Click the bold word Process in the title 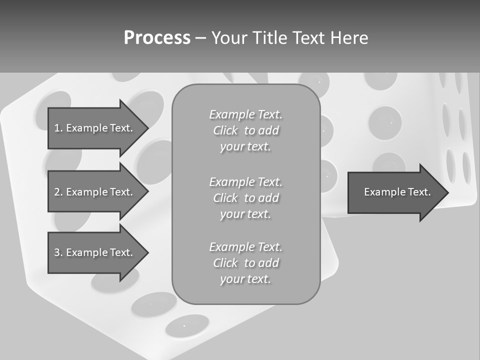[157, 38]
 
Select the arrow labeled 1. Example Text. [95, 128]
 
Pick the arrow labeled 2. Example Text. [95, 192]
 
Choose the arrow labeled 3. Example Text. [95, 252]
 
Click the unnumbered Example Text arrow [395, 192]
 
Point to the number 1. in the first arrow [58, 128]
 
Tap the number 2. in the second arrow [58, 192]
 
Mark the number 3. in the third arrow [58, 252]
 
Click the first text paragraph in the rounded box [245, 130]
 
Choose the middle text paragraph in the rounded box [245, 198]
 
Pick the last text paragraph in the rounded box [245, 263]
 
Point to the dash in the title [200, 38]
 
